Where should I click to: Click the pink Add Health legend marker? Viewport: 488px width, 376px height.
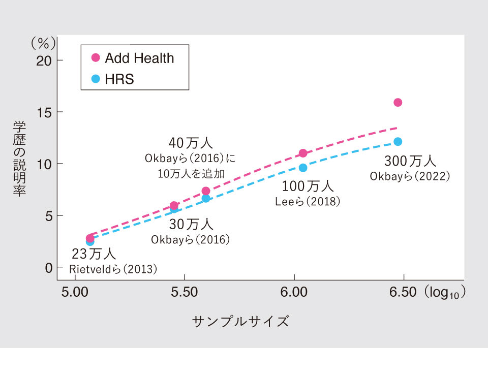coord(95,58)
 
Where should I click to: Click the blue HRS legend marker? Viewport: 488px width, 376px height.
coord(95,79)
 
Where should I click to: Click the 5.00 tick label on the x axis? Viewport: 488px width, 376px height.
coord(75,293)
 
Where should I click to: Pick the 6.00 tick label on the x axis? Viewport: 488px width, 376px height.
coord(294,293)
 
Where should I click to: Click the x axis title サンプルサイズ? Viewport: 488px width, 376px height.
coord(240,321)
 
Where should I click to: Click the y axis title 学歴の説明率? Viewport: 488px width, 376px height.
coord(19,159)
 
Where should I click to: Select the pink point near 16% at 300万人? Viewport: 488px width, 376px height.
coord(398,103)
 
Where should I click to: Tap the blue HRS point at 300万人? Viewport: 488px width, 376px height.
coord(398,142)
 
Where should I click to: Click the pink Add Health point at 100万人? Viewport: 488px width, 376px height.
coord(303,153)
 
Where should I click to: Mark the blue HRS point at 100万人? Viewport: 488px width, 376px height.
coord(303,168)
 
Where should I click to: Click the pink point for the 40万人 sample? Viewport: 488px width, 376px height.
coord(206,191)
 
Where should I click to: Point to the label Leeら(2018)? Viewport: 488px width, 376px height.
coord(308,202)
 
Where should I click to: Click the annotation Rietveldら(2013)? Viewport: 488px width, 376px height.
coord(113,269)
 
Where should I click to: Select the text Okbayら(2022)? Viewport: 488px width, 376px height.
coord(410,176)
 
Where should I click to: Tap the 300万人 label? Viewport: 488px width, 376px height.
coord(410,162)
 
